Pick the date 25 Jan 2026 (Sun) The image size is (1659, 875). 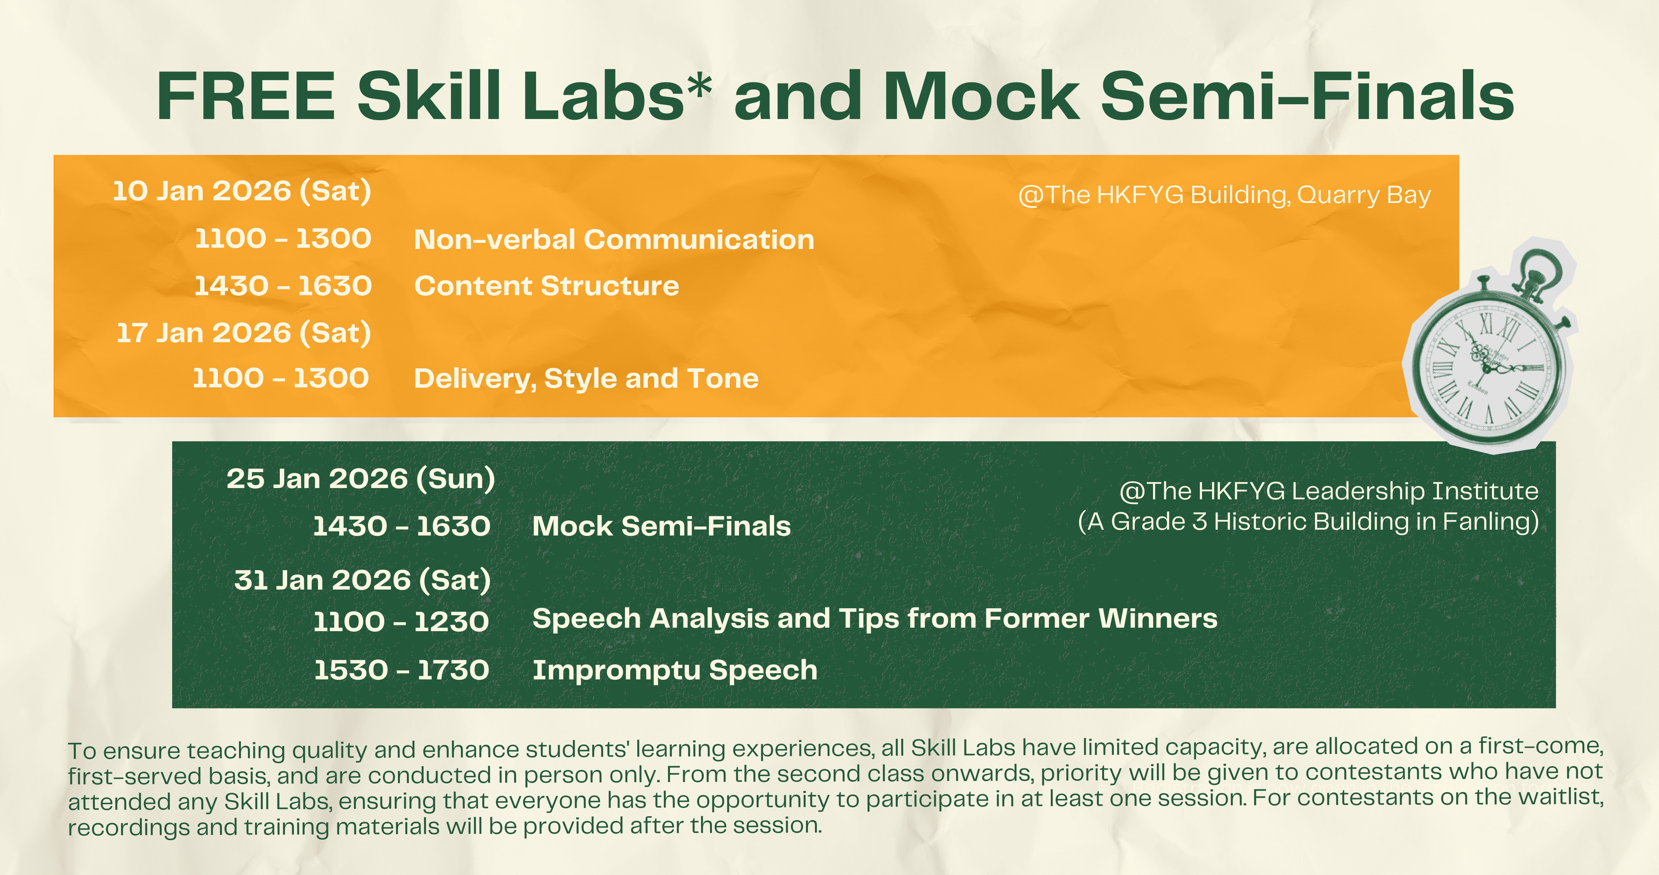coord(361,479)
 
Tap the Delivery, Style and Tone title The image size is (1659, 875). coord(586,379)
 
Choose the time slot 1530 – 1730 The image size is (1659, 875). coord(401,670)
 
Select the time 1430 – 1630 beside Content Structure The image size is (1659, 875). coord(283,286)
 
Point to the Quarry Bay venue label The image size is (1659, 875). coord(1224,194)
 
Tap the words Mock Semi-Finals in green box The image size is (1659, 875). coord(661,527)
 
